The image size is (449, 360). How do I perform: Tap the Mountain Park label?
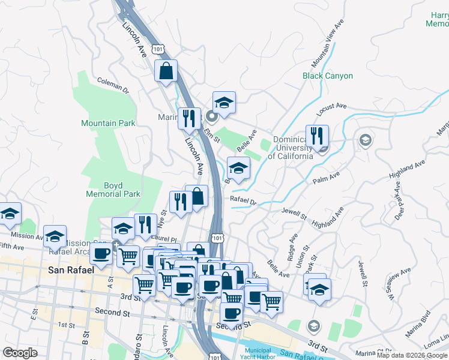[x=108, y=123]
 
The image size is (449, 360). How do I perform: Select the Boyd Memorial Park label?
[x=113, y=190]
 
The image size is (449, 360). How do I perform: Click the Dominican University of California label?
[x=290, y=148]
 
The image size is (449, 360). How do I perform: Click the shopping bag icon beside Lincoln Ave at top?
[x=166, y=70]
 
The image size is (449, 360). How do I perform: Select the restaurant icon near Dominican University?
[x=316, y=136]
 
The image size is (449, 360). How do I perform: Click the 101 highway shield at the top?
[x=157, y=48]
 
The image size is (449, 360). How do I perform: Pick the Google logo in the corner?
[x=20, y=353]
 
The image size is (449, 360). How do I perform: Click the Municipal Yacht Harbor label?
[x=259, y=353]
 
